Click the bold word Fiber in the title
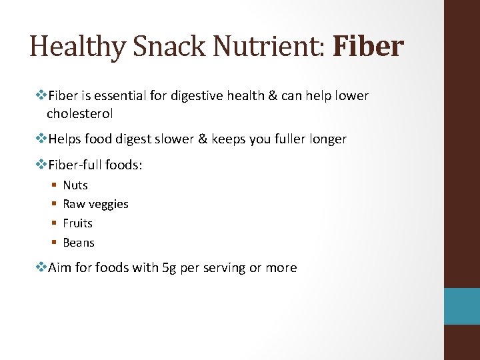pos(368,47)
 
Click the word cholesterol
pos(79,113)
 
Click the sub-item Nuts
pos(75,185)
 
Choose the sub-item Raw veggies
pos(95,204)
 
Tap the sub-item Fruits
pos(77,223)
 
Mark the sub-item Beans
pos(79,243)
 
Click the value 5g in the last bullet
pos(170,268)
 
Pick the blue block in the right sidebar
pos(463,306)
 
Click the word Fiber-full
pos(75,165)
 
